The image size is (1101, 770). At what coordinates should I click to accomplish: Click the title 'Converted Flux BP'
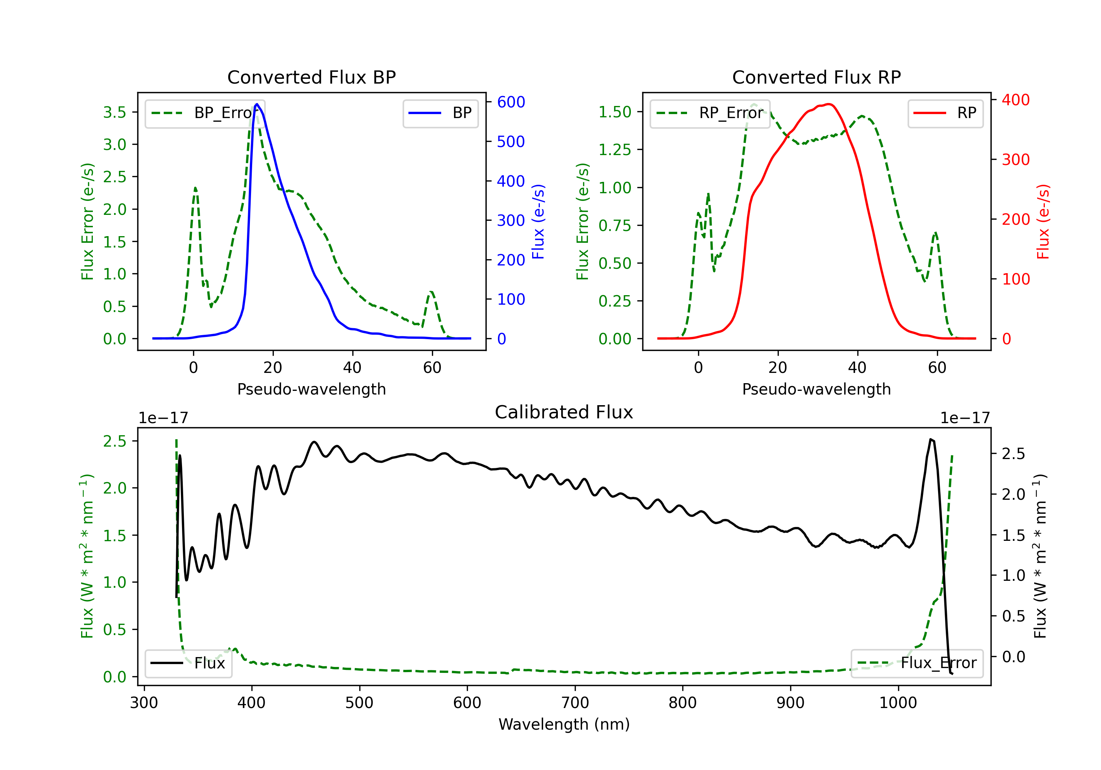311,77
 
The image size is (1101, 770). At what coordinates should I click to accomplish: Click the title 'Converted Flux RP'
816,77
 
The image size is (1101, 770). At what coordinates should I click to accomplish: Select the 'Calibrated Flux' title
564,412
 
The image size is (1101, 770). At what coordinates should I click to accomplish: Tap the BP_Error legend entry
205,113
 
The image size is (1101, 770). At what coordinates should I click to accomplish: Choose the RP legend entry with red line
945,113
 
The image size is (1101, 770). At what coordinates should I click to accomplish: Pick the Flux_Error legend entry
917,663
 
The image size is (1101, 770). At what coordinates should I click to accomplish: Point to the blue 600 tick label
511,102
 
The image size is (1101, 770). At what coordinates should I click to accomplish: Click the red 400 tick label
1015,100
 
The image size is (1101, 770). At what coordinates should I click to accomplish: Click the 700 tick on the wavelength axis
575,703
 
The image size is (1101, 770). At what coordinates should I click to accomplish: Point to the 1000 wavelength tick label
898,703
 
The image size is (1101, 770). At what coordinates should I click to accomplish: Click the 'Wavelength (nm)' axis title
564,724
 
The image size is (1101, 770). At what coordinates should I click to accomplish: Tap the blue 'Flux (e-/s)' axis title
538,221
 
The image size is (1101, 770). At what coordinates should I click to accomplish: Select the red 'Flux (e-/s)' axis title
1043,221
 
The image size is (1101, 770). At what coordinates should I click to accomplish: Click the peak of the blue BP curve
257,104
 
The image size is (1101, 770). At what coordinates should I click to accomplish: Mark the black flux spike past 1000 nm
931,439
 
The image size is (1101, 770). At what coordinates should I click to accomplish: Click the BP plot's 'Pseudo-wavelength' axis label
311,389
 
